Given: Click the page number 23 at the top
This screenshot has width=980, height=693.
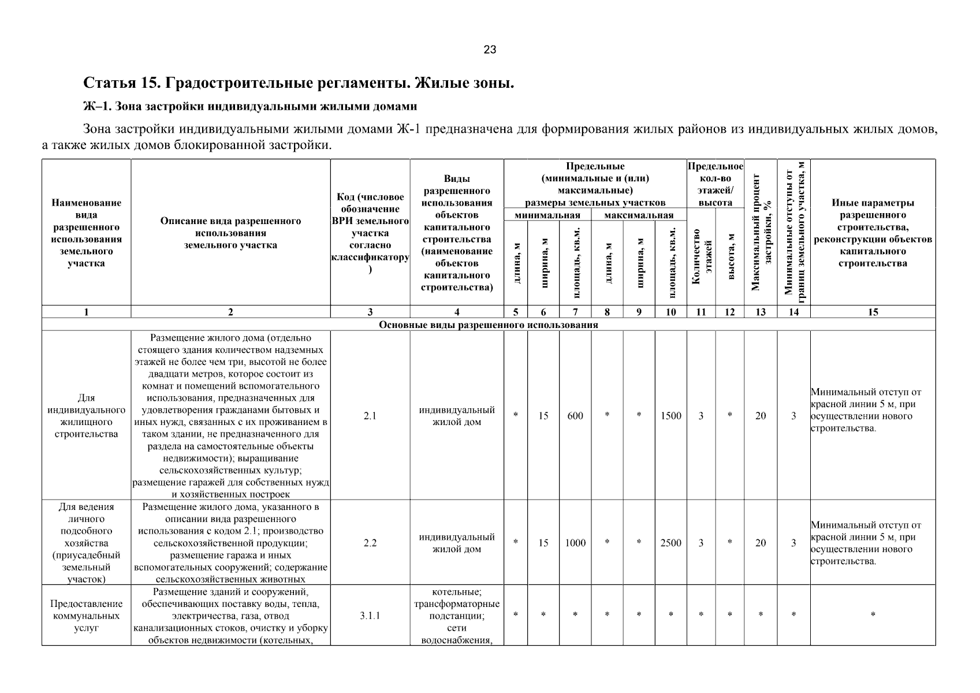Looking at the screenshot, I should coord(490,50).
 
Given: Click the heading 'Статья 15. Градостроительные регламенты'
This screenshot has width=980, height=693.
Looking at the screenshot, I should coord(299,83).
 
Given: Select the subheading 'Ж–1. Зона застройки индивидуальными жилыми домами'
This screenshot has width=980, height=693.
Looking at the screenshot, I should coord(250,107).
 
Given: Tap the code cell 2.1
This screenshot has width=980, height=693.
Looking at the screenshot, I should coord(370,416).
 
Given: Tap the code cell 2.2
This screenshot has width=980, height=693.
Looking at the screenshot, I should coord(370,543).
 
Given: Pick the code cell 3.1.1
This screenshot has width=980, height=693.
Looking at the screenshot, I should coord(370,616).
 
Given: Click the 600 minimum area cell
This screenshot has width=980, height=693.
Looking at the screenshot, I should coord(575,416).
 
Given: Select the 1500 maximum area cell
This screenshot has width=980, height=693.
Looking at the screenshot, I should coord(670,416).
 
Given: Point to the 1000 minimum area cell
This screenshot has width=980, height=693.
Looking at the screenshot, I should coord(575,543).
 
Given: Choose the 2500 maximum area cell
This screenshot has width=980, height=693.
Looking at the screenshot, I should coord(670,543).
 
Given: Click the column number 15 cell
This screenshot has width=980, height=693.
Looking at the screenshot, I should coord(873,312).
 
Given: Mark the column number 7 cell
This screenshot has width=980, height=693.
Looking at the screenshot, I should coord(575,312).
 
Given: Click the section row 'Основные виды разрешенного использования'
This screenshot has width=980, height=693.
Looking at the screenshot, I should coord(488,325).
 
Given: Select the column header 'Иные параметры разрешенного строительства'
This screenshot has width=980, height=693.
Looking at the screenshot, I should coord(873,233).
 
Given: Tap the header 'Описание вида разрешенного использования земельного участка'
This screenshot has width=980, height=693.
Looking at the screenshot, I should coord(230,233).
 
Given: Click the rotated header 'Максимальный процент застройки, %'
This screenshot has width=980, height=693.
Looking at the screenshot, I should coord(761,233).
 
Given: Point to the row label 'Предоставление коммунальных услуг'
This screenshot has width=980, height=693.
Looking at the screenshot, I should coord(87,616).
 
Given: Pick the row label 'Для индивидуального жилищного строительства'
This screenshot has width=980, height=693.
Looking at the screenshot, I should coord(87,416).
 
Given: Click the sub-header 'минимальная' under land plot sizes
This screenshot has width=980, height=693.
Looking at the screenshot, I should coord(547,215).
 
